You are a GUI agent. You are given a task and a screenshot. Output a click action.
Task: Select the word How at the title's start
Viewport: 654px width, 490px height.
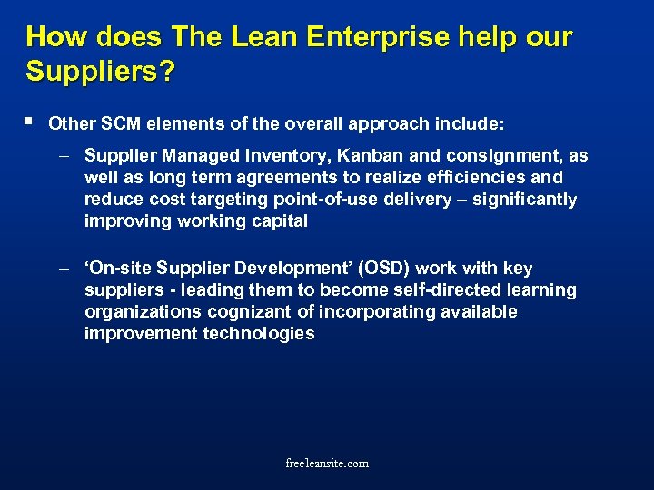coord(55,37)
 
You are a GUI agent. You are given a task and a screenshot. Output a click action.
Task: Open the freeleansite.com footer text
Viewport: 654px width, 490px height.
coord(327,464)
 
